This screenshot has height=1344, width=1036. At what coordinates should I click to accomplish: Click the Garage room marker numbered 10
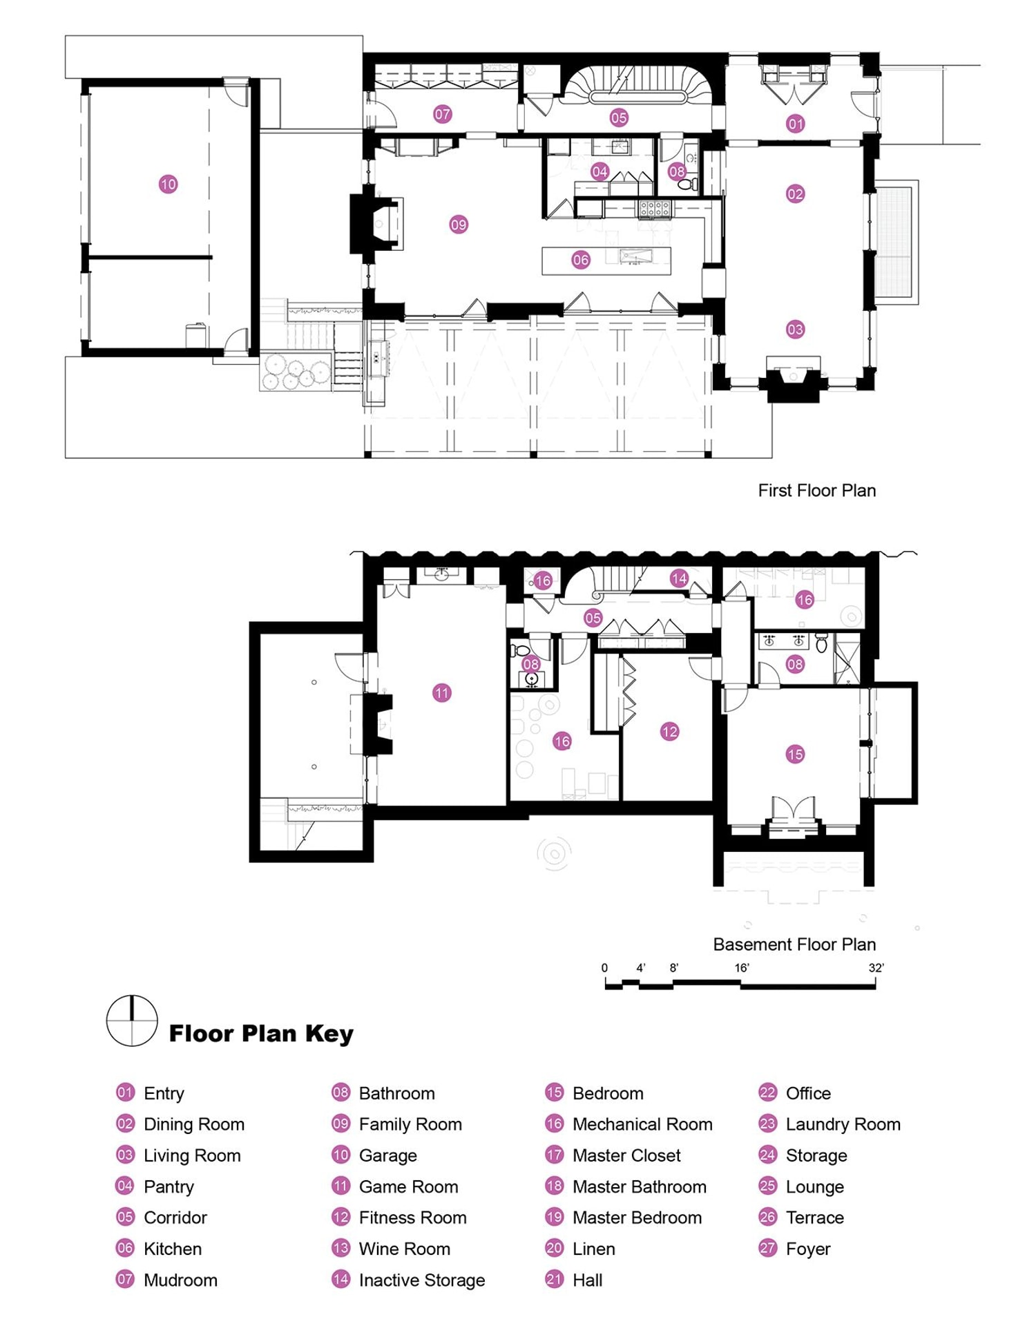(x=168, y=184)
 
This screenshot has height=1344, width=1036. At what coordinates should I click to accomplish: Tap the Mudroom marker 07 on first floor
(x=443, y=114)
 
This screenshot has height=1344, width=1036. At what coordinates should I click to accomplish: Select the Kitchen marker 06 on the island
(x=581, y=260)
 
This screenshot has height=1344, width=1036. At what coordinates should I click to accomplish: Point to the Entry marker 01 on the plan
(x=796, y=124)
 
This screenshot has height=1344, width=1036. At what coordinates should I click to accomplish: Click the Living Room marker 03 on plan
(x=795, y=330)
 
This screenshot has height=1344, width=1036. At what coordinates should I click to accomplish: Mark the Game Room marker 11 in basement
(x=442, y=692)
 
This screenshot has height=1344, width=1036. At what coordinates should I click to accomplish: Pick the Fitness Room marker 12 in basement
(x=669, y=732)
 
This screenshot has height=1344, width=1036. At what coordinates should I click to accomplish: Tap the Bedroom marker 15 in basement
(x=795, y=755)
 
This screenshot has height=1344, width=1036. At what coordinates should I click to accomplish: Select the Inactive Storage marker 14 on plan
(x=679, y=578)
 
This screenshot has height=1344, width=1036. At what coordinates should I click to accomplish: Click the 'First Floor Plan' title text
(x=816, y=491)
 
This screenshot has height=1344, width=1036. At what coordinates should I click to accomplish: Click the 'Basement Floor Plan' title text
(x=794, y=945)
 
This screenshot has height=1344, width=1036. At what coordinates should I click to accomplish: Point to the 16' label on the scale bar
(x=742, y=968)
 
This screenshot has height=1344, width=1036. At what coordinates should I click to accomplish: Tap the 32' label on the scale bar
(x=876, y=968)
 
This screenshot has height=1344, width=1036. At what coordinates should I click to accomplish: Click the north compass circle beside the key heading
(x=131, y=1021)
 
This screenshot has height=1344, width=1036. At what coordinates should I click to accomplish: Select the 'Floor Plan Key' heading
(x=261, y=1034)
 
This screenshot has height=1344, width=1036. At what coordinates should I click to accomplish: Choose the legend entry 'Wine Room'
(x=404, y=1249)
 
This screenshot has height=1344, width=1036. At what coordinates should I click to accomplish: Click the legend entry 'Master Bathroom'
(x=639, y=1187)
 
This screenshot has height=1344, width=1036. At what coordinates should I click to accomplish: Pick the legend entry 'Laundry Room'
(x=843, y=1125)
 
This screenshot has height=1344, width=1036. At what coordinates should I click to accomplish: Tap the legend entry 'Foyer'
(x=808, y=1249)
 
